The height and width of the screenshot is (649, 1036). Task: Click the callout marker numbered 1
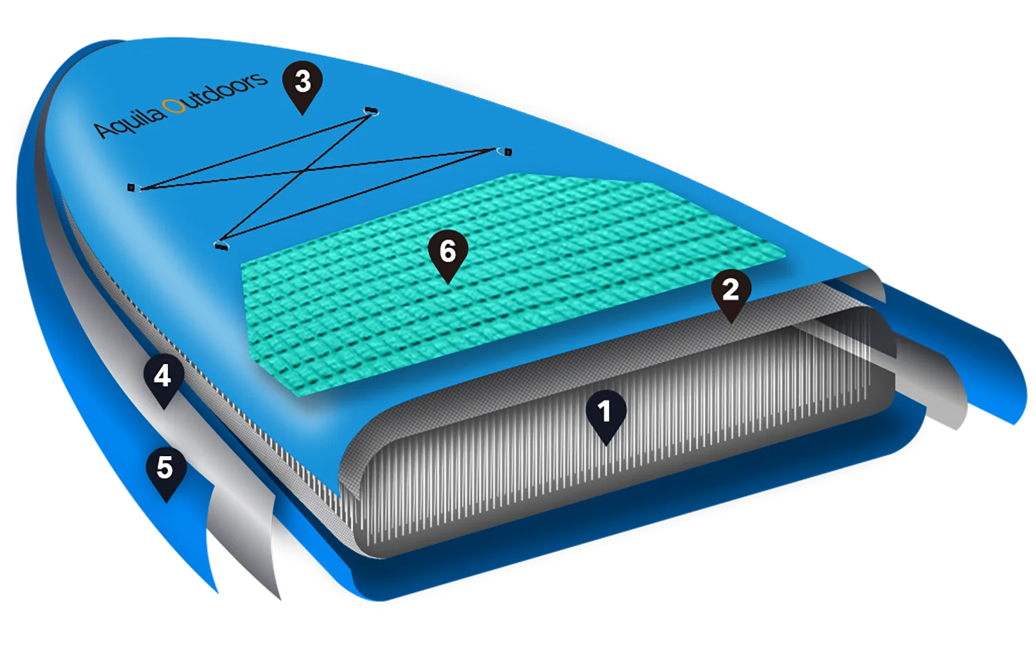[605, 412]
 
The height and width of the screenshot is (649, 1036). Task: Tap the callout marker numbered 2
[730, 291]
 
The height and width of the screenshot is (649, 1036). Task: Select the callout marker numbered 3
[303, 83]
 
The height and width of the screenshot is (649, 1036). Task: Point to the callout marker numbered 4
[163, 377]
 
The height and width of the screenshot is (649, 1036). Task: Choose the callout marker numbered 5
[165, 468]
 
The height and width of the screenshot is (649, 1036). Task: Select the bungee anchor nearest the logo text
[132, 187]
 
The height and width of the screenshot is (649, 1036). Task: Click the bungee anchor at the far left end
[132, 187]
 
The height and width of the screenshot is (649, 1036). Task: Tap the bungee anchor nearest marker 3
[370, 110]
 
